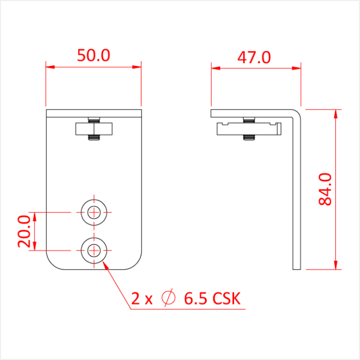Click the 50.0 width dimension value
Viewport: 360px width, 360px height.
[x=94, y=56]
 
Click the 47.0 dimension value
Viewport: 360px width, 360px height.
[x=254, y=57]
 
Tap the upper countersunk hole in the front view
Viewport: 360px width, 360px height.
[x=94, y=211]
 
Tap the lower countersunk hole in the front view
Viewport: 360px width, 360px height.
[x=94, y=250]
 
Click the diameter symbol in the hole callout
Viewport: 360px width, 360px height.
[x=168, y=298]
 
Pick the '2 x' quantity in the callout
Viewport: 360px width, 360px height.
[x=142, y=298]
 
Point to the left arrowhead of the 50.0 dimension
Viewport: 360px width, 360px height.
[x=49, y=66]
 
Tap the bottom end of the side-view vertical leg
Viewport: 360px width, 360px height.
[x=296, y=268]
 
